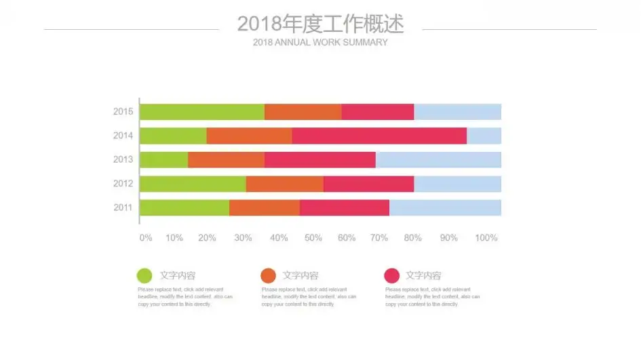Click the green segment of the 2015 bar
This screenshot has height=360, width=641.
tap(202, 112)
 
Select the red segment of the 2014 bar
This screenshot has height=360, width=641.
tap(379, 136)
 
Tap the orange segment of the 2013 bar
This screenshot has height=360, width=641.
tap(226, 160)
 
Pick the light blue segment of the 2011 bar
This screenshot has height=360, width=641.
tap(445, 207)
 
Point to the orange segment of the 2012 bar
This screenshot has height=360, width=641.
tap(285, 184)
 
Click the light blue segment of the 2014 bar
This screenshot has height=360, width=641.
tap(484, 136)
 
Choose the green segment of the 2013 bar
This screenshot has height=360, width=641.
tap(164, 160)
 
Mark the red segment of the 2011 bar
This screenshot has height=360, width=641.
tap(345, 207)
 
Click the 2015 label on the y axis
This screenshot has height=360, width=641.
tap(123, 112)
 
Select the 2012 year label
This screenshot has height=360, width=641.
tap(123, 184)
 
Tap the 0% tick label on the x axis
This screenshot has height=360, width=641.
tap(146, 238)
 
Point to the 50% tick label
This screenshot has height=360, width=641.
tap(313, 238)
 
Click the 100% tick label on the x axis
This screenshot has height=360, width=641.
tap(486, 238)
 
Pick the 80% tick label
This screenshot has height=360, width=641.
tap(413, 238)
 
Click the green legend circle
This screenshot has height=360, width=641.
tap(144, 275)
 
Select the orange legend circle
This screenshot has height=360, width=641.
tap(268, 275)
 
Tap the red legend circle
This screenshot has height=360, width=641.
tap(391, 275)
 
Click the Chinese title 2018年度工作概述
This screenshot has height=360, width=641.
tap(320, 24)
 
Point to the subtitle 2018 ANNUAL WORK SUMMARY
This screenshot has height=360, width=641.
tap(320, 42)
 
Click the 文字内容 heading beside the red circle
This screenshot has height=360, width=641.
tap(423, 275)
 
